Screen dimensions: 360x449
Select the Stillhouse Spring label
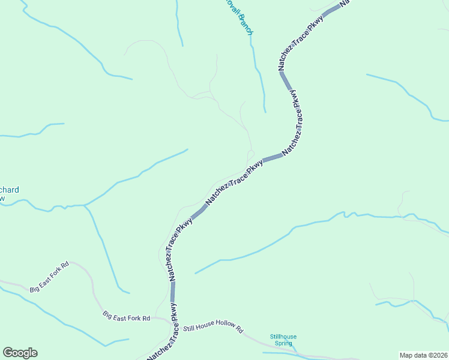283,340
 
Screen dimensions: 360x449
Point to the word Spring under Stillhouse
283,343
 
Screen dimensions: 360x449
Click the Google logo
20,353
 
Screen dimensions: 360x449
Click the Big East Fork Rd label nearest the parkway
126,316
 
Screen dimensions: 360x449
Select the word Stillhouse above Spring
283,337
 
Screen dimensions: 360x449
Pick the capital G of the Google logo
8,353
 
